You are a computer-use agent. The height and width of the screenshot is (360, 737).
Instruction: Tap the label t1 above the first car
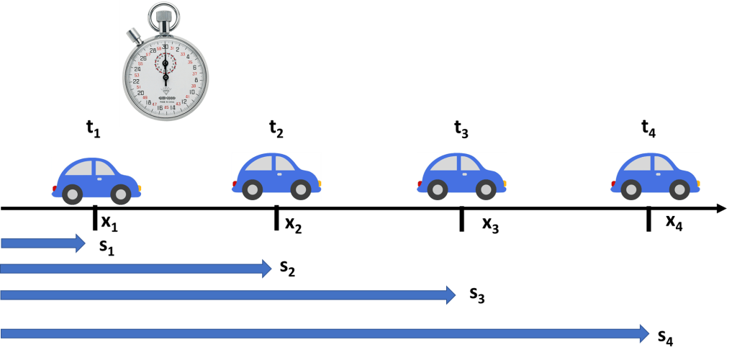coord(93,129)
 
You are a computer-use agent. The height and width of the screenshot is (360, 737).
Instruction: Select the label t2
coord(276,129)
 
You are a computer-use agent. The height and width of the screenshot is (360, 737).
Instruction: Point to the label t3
coord(461,130)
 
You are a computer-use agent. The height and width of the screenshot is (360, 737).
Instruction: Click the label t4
coord(648,129)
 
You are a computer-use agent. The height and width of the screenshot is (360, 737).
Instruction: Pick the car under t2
coord(276,176)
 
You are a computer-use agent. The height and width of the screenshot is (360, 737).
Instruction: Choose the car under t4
coord(655,176)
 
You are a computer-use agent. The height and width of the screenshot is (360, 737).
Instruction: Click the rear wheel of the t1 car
coord(72,194)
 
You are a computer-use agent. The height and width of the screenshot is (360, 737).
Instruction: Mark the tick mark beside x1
coord(94,217)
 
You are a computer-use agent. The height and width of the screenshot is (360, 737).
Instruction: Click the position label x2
coord(293,225)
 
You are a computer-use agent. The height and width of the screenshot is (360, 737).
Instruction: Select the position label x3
coord(490,225)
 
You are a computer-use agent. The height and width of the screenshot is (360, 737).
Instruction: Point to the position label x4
coord(674,223)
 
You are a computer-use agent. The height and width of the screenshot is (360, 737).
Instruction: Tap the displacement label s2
coord(287,269)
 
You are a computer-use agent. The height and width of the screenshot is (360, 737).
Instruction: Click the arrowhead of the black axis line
coord(722,209)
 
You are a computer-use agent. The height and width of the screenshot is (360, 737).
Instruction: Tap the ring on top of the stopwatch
coord(166,14)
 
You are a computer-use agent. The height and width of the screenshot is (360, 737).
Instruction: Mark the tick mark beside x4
coord(649,218)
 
